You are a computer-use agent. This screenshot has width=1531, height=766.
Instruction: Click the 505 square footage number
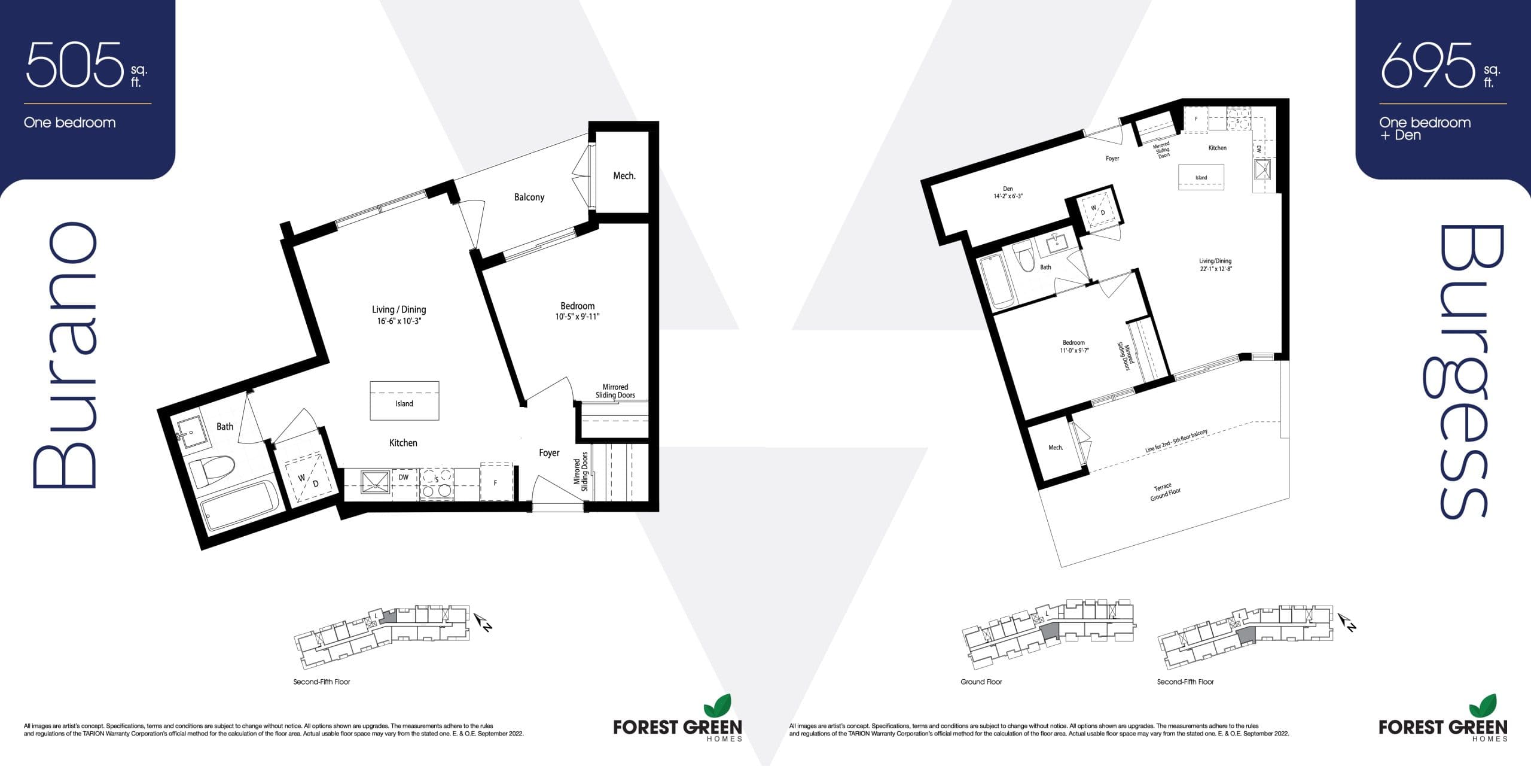(74, 65)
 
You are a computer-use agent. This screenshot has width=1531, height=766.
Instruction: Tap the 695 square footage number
(1427, 65)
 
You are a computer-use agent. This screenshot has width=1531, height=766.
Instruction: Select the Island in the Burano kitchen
(404, 401)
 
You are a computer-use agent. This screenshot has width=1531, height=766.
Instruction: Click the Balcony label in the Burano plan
(529, 197)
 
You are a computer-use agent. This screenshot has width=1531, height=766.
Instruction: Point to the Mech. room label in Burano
(624, 175)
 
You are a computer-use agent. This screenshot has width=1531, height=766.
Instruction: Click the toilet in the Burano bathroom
(212, 470)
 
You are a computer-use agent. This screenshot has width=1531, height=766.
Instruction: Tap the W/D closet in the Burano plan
(309, 479)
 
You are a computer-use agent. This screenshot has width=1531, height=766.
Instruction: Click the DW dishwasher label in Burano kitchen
(404, 478)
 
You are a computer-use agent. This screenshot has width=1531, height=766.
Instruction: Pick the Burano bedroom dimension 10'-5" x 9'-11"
(577, 317)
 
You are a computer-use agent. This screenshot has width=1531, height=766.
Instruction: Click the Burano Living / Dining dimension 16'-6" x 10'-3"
(398, 321)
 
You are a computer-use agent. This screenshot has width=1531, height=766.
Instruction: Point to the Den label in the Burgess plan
(1008, 189)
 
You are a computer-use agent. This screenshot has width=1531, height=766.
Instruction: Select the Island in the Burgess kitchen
(1201, 178)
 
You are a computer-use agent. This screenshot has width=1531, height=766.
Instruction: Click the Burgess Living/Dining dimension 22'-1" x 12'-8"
(1215, 269)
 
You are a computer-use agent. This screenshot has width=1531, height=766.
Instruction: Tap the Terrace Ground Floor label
(1165, 493)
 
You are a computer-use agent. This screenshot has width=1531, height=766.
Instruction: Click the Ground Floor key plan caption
(981, 682)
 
